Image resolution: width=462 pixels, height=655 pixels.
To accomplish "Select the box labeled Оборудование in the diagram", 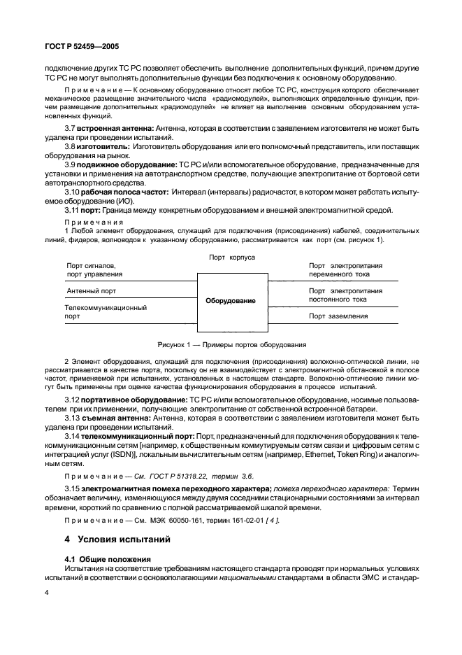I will pyautogui.click(x=231, y=301).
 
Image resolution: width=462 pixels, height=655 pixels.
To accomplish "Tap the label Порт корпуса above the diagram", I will pyautogui.click(x=231, y=258).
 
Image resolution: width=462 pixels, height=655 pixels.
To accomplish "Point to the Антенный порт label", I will pyautogui.click(x=91, y=290).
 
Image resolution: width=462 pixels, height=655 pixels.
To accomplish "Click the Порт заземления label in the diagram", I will pyautogui.click(x=338, y=316).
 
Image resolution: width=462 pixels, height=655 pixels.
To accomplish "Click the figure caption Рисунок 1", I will pyautogui.click(x=231, y=344).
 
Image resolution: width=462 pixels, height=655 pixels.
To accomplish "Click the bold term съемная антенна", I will pyautogui.click(x=117, y=418).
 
